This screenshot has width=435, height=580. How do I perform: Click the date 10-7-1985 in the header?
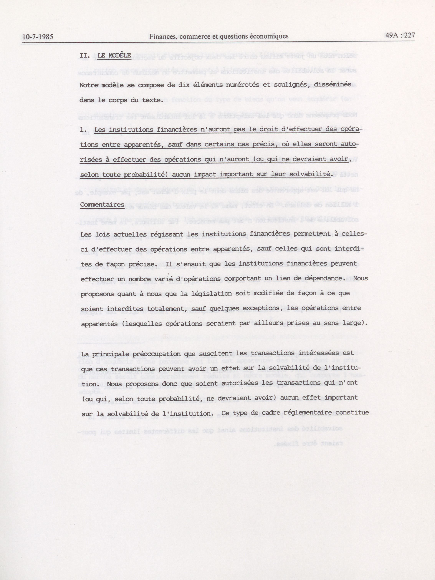(38, 37)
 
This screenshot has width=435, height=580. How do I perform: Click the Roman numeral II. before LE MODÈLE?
(85, 56)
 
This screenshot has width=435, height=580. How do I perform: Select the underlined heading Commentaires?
(102, 205)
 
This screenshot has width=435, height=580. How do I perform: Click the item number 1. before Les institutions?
(83, 130)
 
